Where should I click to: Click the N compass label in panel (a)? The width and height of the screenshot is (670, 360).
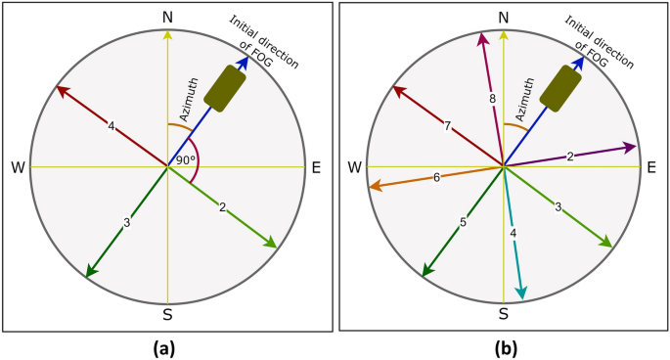click(x=168, y=18)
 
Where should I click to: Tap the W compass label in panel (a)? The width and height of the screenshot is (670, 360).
click(x=18, y=167)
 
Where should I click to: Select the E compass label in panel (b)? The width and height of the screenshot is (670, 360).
click(x=650, y=167)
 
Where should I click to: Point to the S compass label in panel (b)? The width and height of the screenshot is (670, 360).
click(x=504, y=313)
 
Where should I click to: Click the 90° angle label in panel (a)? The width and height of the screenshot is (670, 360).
click(x=186, y=158)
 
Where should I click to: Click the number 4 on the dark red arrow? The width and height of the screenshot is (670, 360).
click(x=112, y=126)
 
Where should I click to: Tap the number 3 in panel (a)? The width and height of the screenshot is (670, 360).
click(x=126, y=223)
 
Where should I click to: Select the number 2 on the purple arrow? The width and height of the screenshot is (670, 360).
click(x=570, y=157)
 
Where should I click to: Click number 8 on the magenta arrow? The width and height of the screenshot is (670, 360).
click(x=493, y=99)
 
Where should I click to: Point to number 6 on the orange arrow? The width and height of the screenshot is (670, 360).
click(x=437, y=176)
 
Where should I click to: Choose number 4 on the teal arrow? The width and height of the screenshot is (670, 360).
click(x=513, y=233)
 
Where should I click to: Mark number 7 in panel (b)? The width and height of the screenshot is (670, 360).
click(x=447, y=127)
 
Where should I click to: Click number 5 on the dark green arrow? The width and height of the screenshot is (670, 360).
click(x=463, y=222)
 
